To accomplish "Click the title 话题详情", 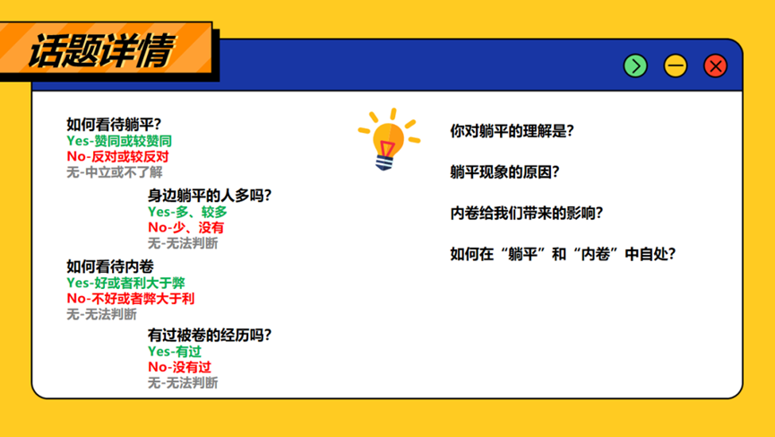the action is coord(101,51).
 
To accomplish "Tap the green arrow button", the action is coord(635,66).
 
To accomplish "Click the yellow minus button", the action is coord(676,66).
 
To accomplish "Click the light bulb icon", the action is coord(390,139).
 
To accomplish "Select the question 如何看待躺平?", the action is coord(114,124).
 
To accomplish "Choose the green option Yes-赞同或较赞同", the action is coord(119,141).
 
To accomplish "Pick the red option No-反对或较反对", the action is coord(117,157).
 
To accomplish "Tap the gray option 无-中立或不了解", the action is coord(115,172).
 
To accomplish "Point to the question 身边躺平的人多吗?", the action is coord(210,196).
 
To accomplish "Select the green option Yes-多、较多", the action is coord(187,212).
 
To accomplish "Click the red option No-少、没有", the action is coord(185,228).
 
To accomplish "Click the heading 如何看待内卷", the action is coord(110,267).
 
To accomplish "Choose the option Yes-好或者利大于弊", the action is coord(125,283).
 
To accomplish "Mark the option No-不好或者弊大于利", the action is coord(131,299).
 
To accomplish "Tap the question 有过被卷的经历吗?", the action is coord(210,335).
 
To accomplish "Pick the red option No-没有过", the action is coord(179,367).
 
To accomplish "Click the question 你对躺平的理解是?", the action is coord(512,131).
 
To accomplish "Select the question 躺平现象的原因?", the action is coord(504,172).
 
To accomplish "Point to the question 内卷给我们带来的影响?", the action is coord(527,214).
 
